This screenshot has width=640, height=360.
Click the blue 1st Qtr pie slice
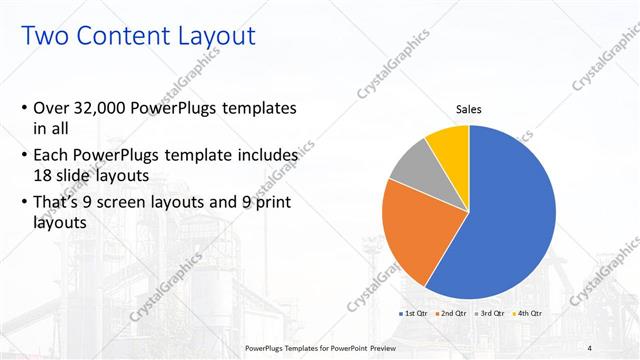[510, 220]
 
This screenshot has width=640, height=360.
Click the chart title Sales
[468, 109]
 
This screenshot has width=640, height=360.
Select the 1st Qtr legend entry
[416, 313]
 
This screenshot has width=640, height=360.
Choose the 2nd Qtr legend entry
[453, 313]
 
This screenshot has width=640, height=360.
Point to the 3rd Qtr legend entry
[491, 313]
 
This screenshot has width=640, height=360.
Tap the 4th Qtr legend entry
[528, 313]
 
